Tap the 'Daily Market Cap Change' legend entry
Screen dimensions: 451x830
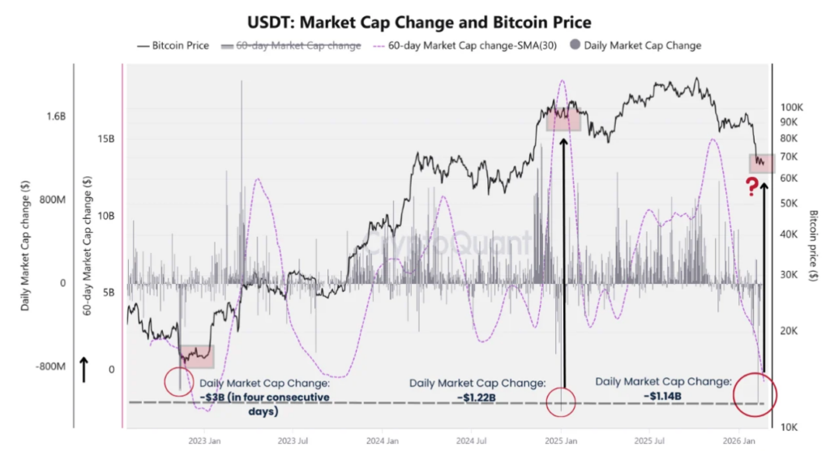click(640, 46)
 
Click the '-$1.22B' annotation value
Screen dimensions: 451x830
click(477, 397)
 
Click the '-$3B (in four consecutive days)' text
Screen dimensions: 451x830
click(264, 404)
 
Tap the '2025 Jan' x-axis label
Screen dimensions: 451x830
click(559, 443)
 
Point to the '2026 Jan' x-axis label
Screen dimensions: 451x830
click(738, 443)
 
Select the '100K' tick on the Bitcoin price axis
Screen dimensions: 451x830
click(791, 106)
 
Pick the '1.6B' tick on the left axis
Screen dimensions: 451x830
click(56, 117)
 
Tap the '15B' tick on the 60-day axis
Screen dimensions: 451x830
click(106, 139)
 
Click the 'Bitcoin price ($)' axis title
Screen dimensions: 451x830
click(813, 246)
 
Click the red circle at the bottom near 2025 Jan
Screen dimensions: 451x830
click(561, 401)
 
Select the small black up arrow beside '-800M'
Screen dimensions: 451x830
click(83, 368)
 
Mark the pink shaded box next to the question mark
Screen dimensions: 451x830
click(762, 162)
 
